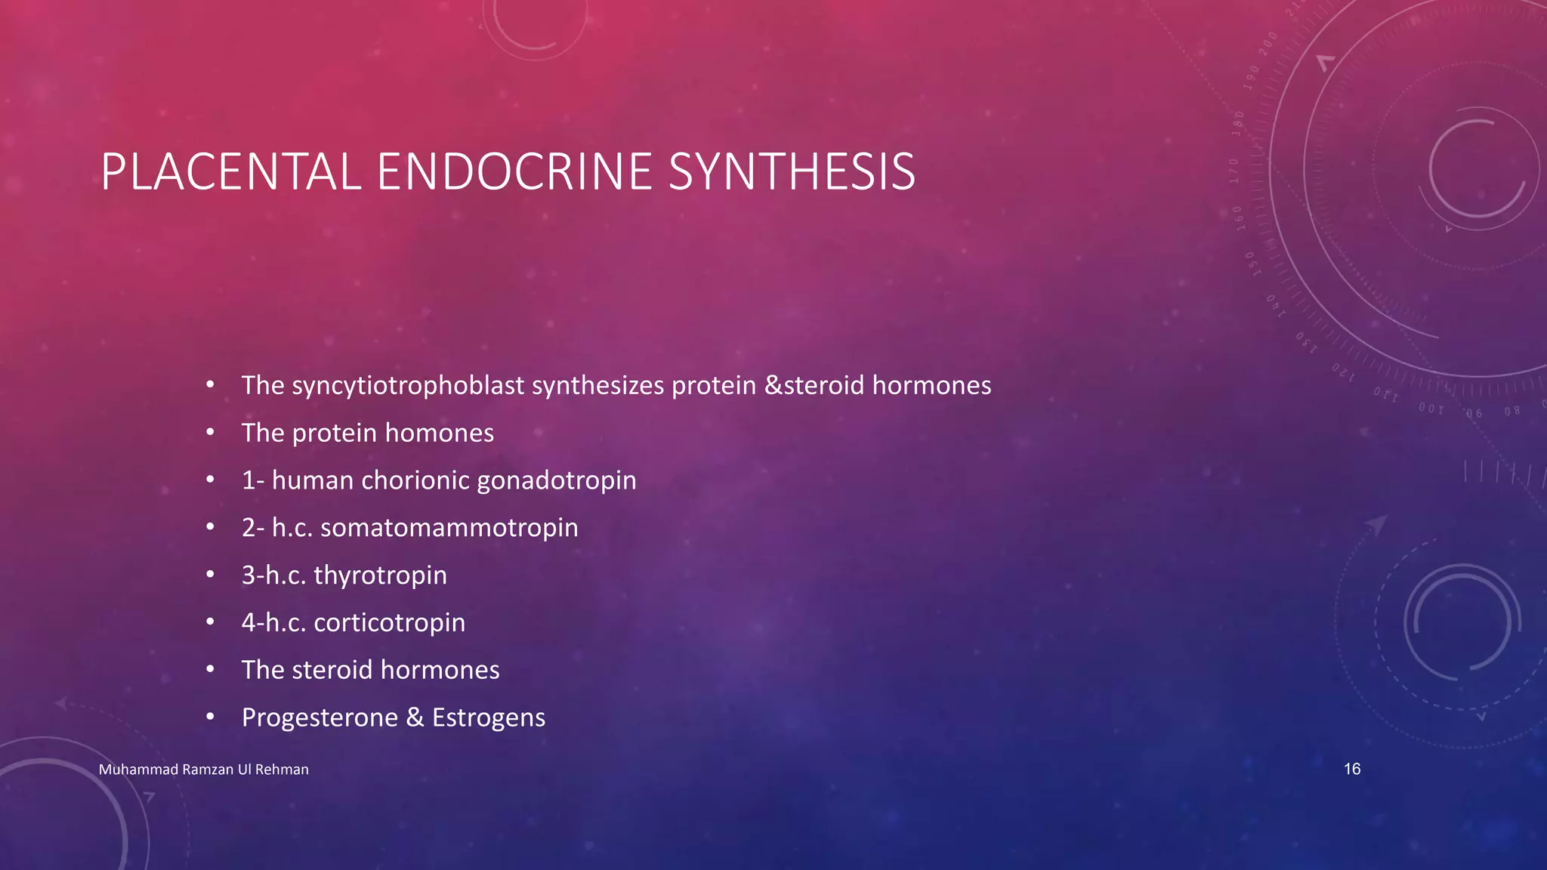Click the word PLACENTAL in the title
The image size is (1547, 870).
231,172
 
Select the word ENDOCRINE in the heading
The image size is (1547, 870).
514,172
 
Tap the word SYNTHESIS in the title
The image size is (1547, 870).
792,172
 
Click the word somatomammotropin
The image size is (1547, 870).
449,528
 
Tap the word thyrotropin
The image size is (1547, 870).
380,575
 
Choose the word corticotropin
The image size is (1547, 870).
389,623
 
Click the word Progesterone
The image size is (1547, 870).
320,717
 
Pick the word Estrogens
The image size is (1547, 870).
489,717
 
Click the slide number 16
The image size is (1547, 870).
1352,769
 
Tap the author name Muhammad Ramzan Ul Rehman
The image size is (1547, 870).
204,770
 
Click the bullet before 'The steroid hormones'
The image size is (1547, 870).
211,670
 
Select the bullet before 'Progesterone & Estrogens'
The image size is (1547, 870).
211,717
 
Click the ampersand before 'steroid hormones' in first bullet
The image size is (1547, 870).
773,386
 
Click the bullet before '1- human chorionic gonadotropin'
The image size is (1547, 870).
211,480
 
